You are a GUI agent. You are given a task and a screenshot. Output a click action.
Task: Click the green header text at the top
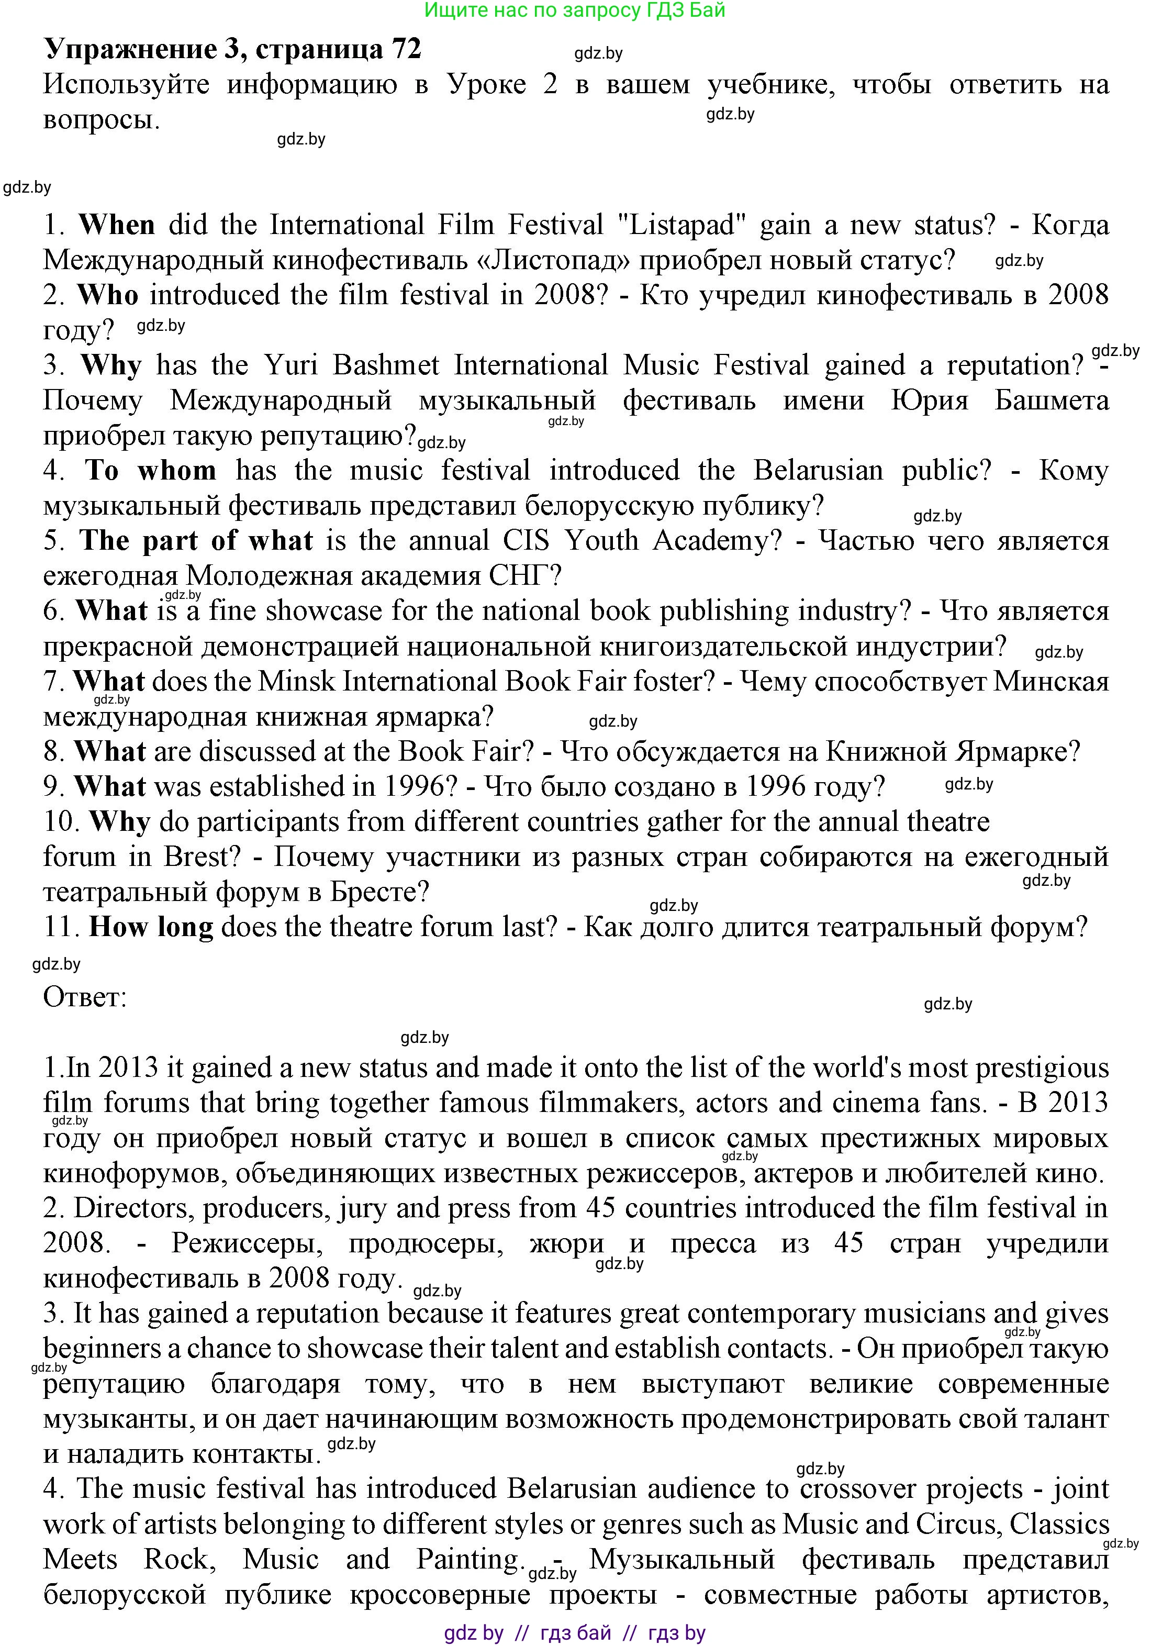click(x=575, y=10)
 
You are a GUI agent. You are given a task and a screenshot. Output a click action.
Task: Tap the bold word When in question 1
click(x=117, y=225)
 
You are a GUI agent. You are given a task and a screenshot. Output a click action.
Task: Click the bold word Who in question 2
click(x=108, y=295)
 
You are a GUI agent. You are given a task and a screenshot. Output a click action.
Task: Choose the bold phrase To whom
click(x=151, y=470)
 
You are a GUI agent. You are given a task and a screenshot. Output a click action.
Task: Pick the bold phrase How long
click(x=151, y=927)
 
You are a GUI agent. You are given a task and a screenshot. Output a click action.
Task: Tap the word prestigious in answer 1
click(x=1042, y=1068)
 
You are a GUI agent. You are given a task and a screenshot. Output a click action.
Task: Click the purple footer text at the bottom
click(x=575, y=1633)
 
